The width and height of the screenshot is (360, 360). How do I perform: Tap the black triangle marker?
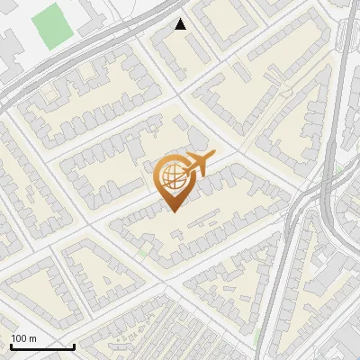[181, 25]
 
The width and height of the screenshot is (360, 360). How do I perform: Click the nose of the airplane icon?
[211, 157]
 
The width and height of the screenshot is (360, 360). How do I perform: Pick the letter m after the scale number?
[33, 338]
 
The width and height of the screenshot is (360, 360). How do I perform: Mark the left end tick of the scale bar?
[11, 346]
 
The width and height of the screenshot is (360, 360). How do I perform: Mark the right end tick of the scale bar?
[74, 346]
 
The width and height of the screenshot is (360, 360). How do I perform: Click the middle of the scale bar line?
[42, 346]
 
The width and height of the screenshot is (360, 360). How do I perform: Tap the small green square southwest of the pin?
[144, 251]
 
